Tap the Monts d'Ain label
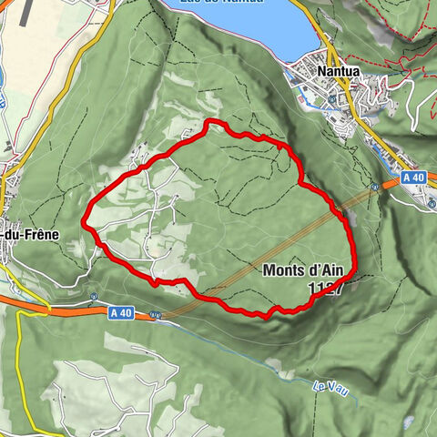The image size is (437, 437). pyautogui.click(x=304, y=270)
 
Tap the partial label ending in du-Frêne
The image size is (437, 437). pyautogui.click(x=30, y=234)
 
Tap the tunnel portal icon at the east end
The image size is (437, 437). pyautogui.click(x=375, y=185)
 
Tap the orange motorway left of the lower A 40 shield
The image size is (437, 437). pyautogui.click(x=64, y=312)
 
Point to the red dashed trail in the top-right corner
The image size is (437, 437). pyautogui.click(x=401, y=55)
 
